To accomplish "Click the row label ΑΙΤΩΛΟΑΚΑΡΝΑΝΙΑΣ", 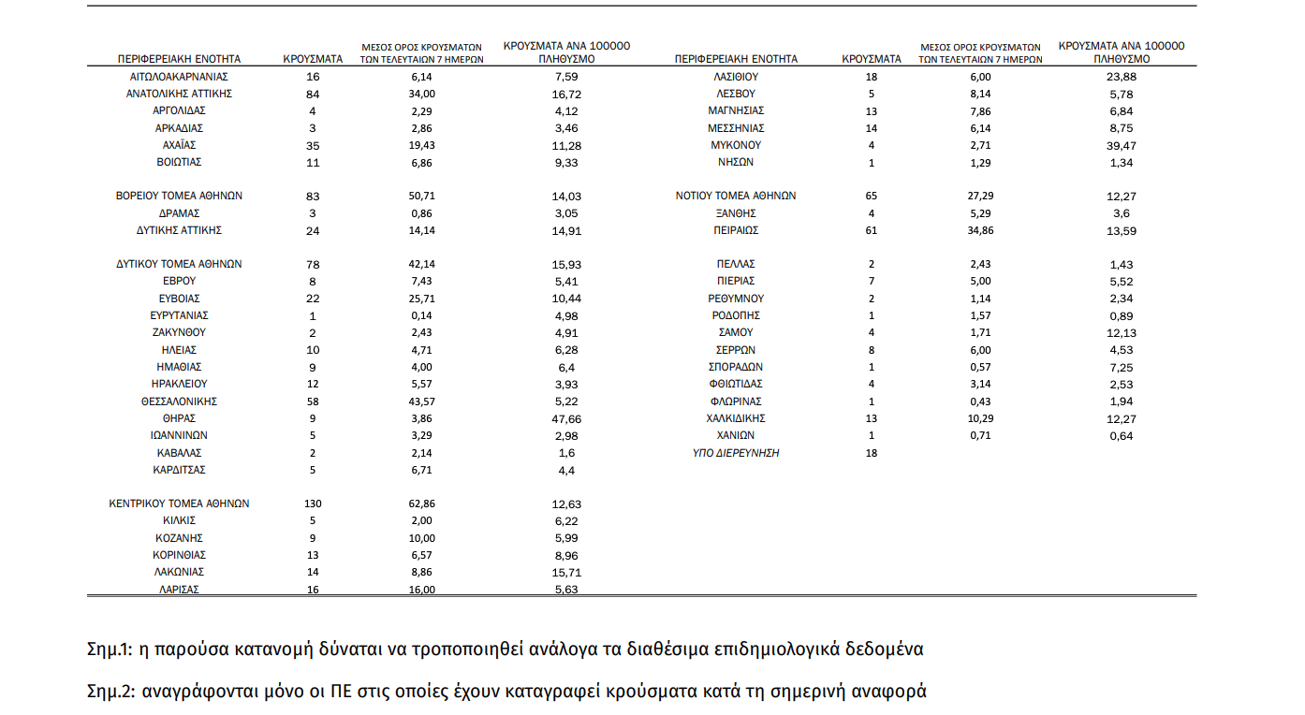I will (x=179, y=77).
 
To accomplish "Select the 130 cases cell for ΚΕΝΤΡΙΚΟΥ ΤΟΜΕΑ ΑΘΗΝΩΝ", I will (x=313, y=503).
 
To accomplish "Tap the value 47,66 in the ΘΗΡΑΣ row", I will (x=567, y=418).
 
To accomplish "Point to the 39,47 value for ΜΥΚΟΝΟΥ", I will (x=1121, y=145).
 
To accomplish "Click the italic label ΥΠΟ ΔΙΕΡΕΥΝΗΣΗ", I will (x=736, y=453).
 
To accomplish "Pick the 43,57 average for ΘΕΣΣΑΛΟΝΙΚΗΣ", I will (x=422, y=401).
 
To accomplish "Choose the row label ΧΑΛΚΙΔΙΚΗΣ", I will (x=737, y=418).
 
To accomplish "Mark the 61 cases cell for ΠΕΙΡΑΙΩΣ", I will (x=872, y=230).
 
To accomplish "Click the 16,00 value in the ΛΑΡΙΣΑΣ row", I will (x=422, y=590).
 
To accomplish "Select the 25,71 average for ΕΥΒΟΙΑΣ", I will (x=422, y=298).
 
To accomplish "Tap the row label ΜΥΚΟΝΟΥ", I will (x=737, y=145).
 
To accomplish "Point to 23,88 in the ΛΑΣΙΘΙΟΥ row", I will (x=1121, y=77).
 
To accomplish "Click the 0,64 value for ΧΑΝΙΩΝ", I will (x=1121, y=436).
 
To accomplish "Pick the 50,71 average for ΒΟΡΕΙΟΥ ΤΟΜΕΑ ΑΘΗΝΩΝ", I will (x=422, y=196).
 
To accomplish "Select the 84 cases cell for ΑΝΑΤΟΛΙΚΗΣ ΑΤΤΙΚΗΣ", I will (x=313, y=94).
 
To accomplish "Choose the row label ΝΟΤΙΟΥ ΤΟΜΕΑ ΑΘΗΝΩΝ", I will (x=736, y=196).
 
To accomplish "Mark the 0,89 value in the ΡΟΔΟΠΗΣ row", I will (x=1121, y=315).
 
